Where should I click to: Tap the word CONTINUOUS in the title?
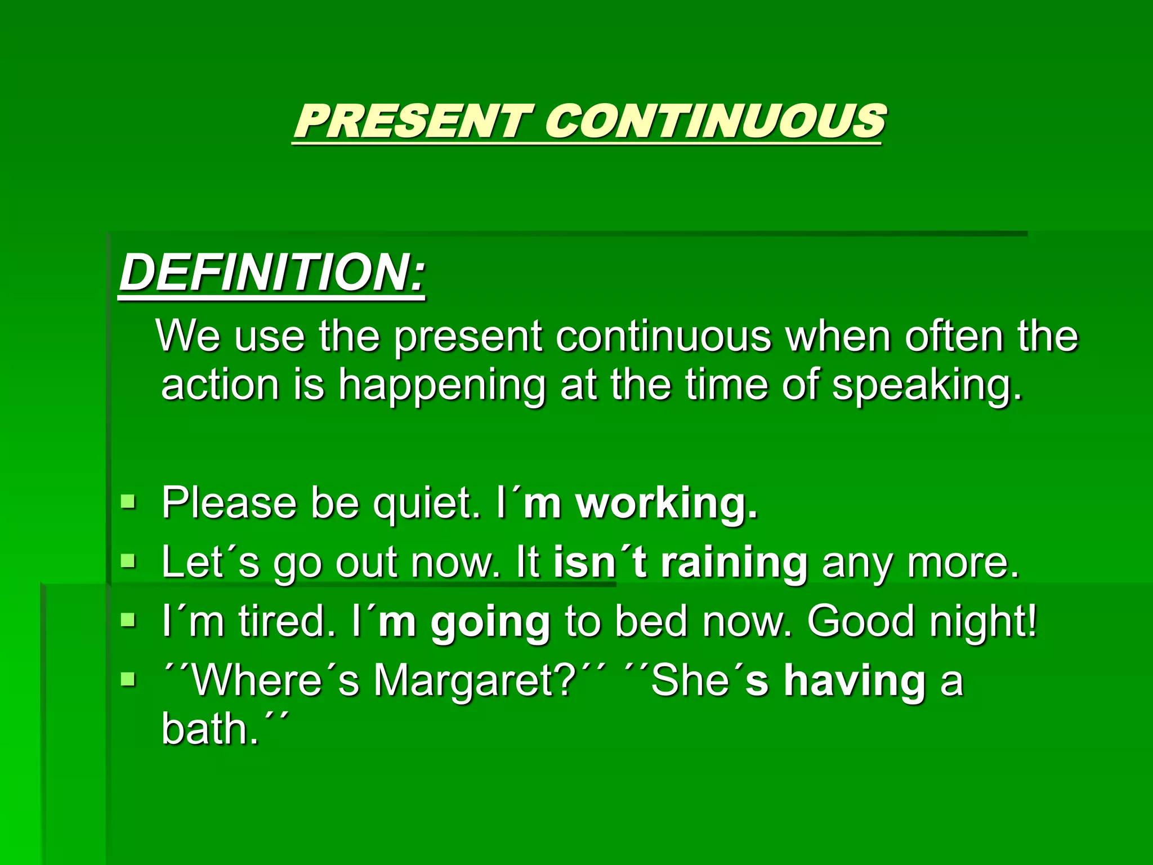[715, 121]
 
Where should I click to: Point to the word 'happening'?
[441, 387]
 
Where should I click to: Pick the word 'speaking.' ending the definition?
[927, 387]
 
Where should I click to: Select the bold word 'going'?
[490, 623]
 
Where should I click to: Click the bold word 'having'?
[855, 681]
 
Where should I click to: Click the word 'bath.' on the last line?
[211, 730]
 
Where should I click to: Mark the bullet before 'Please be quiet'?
[128, 501]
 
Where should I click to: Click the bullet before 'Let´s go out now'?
[128, 560]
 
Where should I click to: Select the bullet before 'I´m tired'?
[128, 621]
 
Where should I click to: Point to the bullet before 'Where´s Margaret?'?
[128, 680]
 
